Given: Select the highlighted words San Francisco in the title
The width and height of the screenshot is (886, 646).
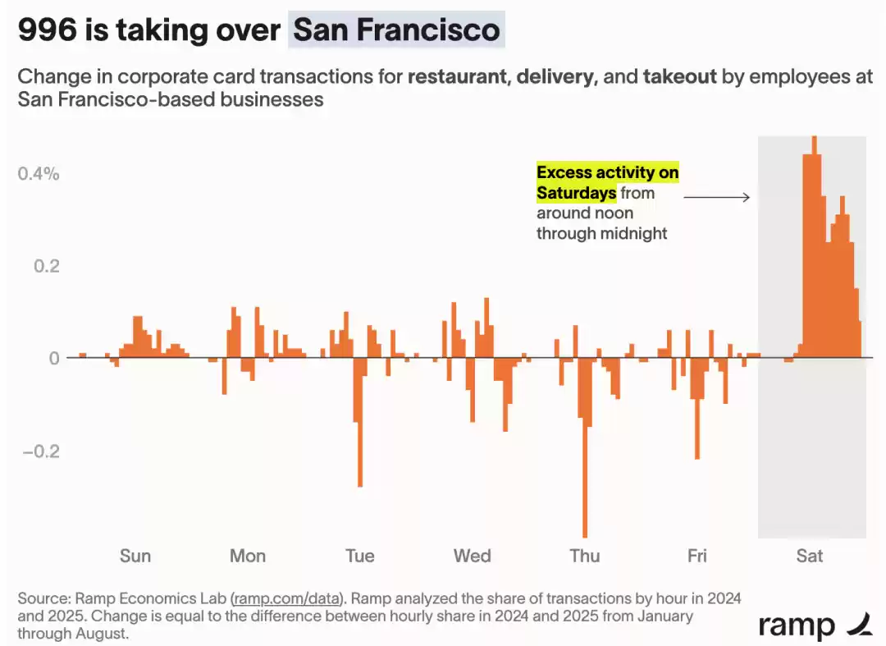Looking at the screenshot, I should [x=396, y=30].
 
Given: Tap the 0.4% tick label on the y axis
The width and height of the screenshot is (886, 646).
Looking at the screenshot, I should [x=39, y=173].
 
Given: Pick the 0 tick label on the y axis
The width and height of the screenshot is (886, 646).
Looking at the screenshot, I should [x=55, y=358].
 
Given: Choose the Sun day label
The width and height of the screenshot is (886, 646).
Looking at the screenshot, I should [x=135, y=556].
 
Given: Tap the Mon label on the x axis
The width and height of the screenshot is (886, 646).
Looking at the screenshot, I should [x=248, y=556].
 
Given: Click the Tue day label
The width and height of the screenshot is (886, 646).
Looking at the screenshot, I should [x=360, y=556].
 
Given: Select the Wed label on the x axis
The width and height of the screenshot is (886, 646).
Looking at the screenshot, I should [x=473, y=556].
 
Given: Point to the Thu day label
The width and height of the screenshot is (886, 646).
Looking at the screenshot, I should [x=585, y=556].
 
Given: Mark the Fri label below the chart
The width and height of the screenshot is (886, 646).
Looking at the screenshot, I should [x=697, y=556].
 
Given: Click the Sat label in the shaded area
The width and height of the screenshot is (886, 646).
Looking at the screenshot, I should [x=810, y=556].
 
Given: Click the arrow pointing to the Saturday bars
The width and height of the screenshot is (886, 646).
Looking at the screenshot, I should [x=716, y=197].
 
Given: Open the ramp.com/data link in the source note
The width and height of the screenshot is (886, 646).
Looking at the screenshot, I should [x=286, y=598].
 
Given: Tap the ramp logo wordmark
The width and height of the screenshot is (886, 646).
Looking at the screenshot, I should [x=796, y=625].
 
